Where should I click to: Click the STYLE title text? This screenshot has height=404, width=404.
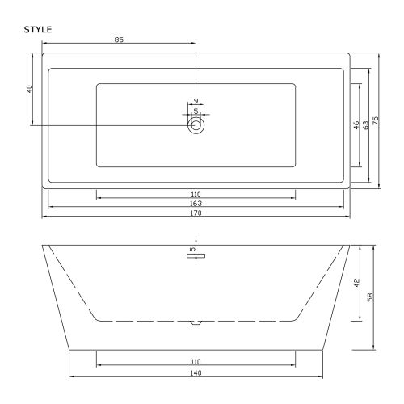pos(40,30)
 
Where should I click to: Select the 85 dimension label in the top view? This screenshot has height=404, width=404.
pos(119,39)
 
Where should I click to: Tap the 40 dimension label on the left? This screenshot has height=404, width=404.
pos(29,89)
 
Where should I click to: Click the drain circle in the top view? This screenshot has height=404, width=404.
pos(196,125)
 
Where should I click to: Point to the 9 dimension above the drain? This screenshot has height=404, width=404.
pos(196,100)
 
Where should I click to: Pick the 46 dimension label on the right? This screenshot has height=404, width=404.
pos(356,125)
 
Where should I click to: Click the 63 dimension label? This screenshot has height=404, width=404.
pos(366,125)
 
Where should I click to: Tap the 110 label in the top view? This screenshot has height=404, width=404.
pos(196,195)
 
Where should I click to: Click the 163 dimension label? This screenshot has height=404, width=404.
pos(196,204)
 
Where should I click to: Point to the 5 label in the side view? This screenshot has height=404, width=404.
pos(191,250)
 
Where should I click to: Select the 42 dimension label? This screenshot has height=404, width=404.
pos(357,282)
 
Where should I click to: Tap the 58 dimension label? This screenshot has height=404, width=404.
pos(370,297)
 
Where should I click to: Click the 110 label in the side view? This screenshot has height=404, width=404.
pos(196,362)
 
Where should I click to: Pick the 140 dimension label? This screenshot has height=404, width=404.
pos(196,372)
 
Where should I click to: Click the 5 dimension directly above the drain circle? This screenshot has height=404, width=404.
pos(196,110)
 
